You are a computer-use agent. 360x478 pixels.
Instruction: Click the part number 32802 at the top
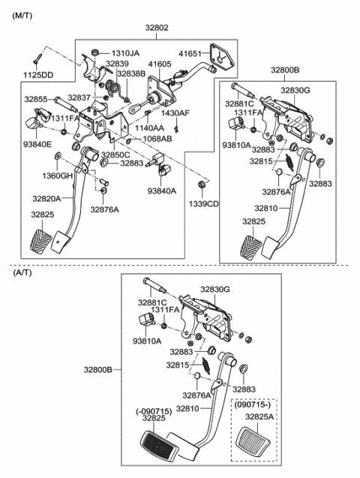[157, 28]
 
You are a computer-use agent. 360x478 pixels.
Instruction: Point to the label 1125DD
[38, 76]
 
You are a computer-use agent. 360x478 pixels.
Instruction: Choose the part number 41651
[192, 54]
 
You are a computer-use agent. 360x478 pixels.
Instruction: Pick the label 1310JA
[125, 54]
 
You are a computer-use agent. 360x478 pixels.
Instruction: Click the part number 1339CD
[203, 203]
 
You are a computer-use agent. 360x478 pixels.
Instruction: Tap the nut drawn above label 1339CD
[202, 185]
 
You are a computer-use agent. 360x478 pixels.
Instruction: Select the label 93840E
[37, 144]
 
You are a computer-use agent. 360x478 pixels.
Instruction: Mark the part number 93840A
[161, 191]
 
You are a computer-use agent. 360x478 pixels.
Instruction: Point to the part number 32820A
[46, 199]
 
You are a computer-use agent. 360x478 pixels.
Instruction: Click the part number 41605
[159, 65]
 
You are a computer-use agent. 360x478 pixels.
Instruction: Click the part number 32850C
[115, 155]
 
